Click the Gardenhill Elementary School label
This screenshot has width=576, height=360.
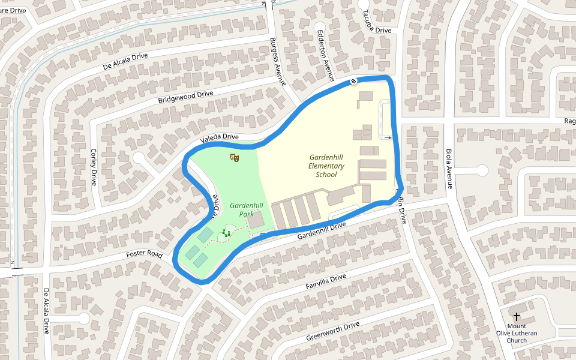[326, 166]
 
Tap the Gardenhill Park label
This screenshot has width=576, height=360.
[246, 209]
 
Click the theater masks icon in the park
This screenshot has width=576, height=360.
[235, 158]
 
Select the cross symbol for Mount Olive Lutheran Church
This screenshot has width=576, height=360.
[516, 316]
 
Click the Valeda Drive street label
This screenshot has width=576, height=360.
[219, 137]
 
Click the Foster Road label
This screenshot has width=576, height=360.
[144, 254]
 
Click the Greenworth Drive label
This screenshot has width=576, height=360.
[333, 331]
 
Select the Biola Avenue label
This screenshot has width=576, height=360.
[448, 169]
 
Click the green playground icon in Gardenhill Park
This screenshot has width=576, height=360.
[226, 233]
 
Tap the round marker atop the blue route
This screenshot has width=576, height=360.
[355, 81]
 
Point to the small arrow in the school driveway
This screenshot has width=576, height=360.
[388, 137]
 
